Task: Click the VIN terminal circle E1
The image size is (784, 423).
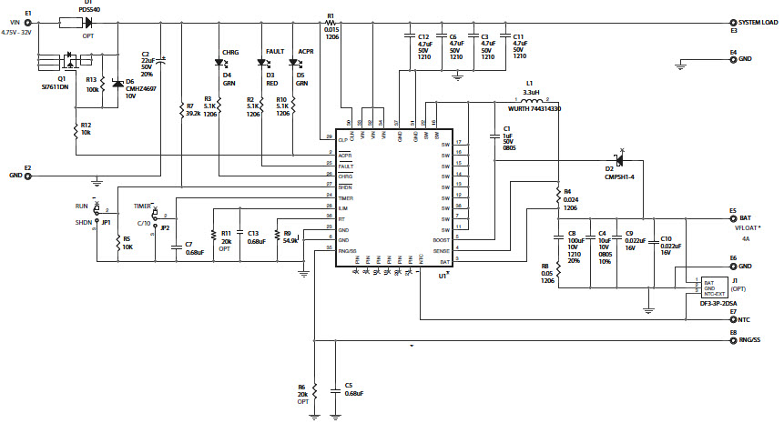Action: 27,22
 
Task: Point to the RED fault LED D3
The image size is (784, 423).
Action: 261,63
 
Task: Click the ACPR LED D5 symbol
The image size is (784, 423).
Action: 292,63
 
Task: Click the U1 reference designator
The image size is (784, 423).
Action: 443,275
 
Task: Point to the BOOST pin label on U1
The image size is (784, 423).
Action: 441,240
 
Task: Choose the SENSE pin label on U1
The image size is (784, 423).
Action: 441,250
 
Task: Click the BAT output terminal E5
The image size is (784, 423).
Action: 732,219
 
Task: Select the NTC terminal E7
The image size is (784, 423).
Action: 732,320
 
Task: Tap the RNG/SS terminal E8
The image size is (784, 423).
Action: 732,341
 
